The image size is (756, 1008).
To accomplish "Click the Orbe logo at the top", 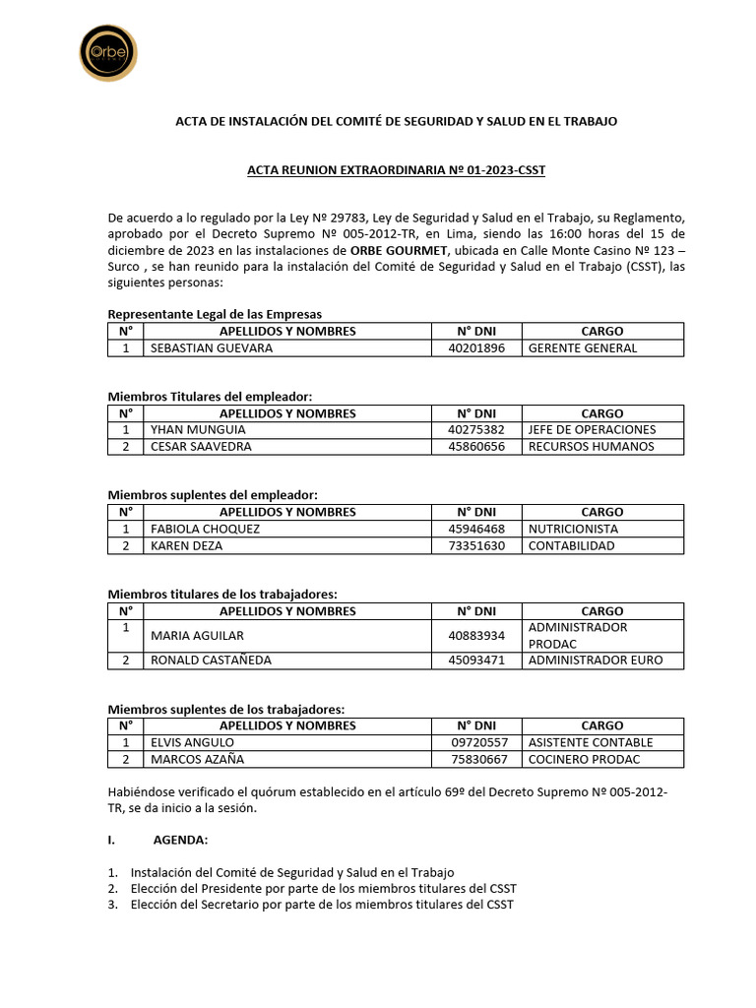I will click(x=107, y=52).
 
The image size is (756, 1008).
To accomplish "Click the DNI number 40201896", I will click(x=476, y=347).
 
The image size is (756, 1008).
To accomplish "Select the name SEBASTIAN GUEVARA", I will click(x=211, y=347).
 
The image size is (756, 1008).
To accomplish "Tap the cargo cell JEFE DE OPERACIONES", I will click(x=592, y=430).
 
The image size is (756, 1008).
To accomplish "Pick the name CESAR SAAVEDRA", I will click(x=201, y=446).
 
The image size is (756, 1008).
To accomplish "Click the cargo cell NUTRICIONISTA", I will click(x=573, y=529).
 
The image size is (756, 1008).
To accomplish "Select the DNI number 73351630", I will click(x=476, y=545).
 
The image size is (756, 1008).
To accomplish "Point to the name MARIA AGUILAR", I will click(x=197, y=636).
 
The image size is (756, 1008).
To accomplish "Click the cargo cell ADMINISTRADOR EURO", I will click(x=595, y=661).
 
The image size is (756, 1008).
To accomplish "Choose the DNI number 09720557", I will click(x=479, y=743).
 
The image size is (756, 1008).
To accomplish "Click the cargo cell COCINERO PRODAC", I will click(x=584, y=759).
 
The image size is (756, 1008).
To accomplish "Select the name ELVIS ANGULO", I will click(x=192, y=743).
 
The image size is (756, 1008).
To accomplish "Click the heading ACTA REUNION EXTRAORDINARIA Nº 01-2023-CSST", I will click(x=396, y=170).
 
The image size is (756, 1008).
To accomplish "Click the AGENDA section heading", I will click(x=180, y=841).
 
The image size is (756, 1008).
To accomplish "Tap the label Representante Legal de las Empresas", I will click(x=215, y=314).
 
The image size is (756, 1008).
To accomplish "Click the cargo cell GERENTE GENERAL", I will click(x=582, y=347).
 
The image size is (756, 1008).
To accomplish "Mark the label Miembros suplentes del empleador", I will click(x=213, y=495).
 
